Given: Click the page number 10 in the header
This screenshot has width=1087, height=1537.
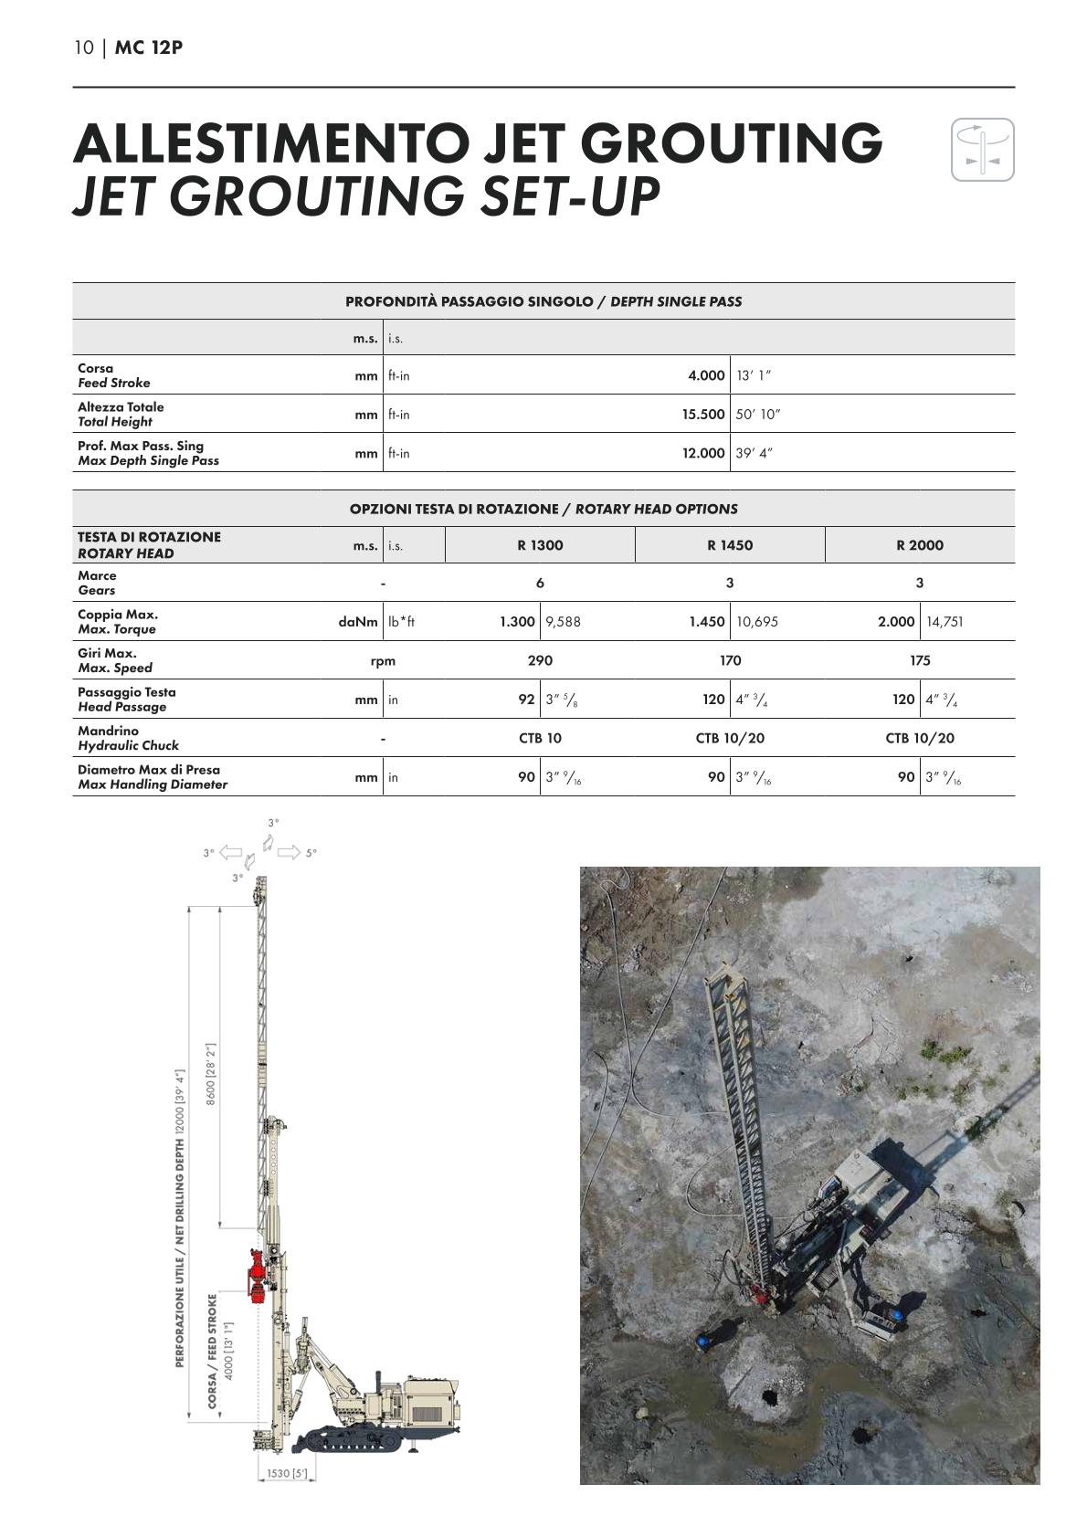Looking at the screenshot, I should (83, 47).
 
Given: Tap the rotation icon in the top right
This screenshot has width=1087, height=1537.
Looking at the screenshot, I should (982, 150).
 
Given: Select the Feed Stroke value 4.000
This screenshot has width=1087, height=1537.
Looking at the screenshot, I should (706, 375).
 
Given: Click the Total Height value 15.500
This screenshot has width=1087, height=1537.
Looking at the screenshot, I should (703, 415).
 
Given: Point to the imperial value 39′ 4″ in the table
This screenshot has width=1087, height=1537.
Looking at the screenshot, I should (755, 453).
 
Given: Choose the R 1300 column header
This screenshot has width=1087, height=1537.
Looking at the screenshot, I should (540, 545).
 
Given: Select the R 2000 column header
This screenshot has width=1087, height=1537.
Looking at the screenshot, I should (919, 545).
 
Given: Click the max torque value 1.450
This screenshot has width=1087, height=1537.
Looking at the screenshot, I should (707, 622).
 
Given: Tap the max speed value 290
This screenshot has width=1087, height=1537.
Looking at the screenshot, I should (540, 660).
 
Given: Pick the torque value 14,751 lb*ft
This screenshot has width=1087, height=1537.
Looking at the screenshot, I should (945, 622).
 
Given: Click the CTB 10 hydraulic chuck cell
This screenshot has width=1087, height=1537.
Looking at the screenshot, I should (540, 738).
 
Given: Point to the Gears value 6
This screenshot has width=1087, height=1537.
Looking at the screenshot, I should (540, 583).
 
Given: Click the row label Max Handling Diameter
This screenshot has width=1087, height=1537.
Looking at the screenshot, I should (153, 784).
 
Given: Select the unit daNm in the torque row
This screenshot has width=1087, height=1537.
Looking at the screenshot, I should (357, 622).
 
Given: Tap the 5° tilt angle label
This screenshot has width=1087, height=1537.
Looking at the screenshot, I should (311, 853).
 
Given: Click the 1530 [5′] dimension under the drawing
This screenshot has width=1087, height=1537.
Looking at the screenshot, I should (286, 1473).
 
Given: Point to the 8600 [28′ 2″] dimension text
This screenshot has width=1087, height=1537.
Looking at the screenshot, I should (211, 1075).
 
